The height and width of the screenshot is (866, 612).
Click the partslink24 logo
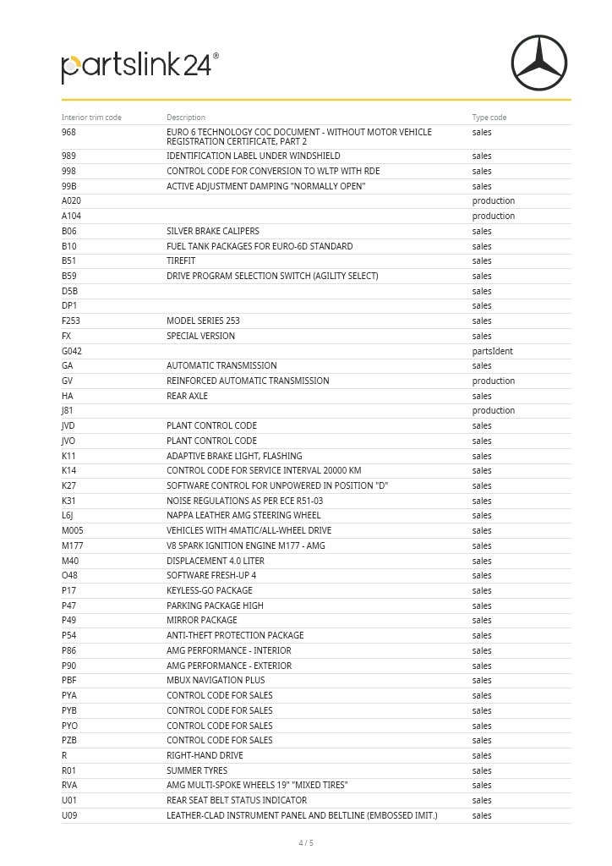coord(139,68)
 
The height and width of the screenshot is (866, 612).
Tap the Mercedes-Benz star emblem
coord(538,63)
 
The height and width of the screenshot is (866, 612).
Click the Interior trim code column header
coord(91,118)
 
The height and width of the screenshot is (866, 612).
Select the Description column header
coord(186,118)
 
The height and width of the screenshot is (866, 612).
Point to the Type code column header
coord(489,118)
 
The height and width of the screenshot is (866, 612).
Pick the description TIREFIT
coord(181,260)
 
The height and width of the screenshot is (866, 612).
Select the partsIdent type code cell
coord(492,351)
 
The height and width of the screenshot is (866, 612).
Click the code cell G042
coord(72,351)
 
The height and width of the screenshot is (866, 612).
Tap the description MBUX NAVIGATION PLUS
coord(216,680)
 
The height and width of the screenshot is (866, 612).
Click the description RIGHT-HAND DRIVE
coord(205,755)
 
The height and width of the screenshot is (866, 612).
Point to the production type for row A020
coord(493,200)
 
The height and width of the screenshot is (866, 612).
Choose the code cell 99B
coord(69,186)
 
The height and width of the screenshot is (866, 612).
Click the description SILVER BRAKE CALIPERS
coord(213,231)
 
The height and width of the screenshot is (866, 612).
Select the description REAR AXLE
coord(187,396)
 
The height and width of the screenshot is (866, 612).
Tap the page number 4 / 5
coord(306,842)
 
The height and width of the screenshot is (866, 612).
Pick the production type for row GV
coord(493,381)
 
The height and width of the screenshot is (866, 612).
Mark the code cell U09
coord(69,815)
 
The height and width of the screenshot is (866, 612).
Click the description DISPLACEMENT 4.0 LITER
coord(216,561)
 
